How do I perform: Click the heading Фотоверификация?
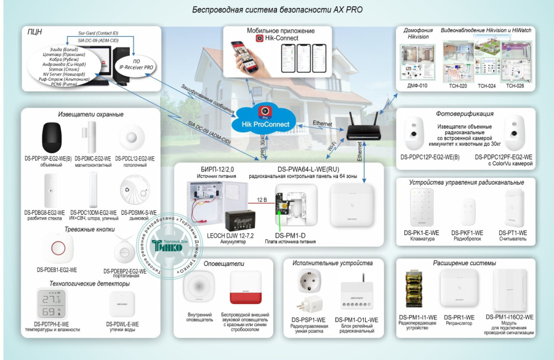point(464,114)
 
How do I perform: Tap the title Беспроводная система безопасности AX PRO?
point(277,10)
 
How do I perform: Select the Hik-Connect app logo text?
point(281,38)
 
